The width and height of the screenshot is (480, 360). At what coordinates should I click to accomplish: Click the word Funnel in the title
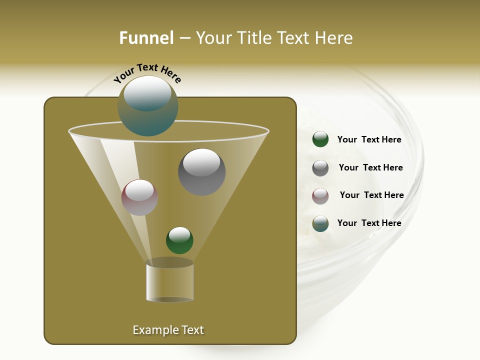[x=146, y=38]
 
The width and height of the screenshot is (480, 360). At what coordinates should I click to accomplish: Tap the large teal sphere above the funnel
[x=148, y=106]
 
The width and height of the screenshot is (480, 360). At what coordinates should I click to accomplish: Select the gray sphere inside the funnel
[x=202, y=172]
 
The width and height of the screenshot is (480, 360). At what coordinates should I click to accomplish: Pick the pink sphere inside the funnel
[x=140, y=197]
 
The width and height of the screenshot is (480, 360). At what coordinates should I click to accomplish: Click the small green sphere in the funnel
[x=179, y=240]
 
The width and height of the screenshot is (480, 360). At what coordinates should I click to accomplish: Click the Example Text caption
[x=168, y=330]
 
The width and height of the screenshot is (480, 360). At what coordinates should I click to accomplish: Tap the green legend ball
[x=320, y=139]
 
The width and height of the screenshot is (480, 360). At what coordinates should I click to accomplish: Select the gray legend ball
[x=320, y=168]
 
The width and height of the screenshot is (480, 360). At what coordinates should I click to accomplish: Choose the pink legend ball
[x=320, y=195]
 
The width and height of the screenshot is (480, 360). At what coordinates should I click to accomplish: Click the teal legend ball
[x=320, y=223]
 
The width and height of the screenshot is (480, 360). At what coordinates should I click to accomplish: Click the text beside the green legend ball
[x=369, y=139]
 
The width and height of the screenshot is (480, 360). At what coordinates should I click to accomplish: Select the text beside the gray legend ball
[x=370, y=167]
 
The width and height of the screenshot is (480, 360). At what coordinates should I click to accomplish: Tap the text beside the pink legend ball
[x=371, y=195]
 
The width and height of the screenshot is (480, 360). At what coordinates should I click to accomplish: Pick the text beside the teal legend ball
[x=369, y=223]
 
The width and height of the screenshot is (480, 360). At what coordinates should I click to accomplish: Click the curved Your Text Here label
[x=147, y=72]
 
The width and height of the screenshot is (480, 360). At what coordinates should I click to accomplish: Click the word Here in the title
[x=333, y=38]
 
